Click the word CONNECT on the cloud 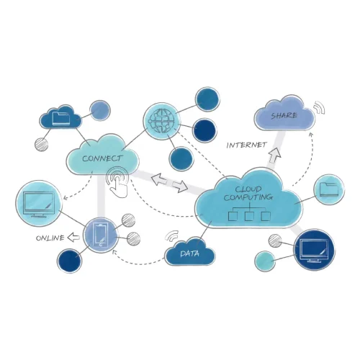[x=102, y=158]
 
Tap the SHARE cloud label [x=284, y=115]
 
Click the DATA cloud [x=190, y=253]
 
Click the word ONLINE [x=50, y=238]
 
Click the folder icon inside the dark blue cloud [x=61, y=116]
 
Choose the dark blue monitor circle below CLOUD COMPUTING [x=315, y=249]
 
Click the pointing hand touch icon [x=120, y=183]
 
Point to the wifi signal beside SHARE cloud [x=320, y=109]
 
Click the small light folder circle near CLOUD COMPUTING [x=330, y=190]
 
